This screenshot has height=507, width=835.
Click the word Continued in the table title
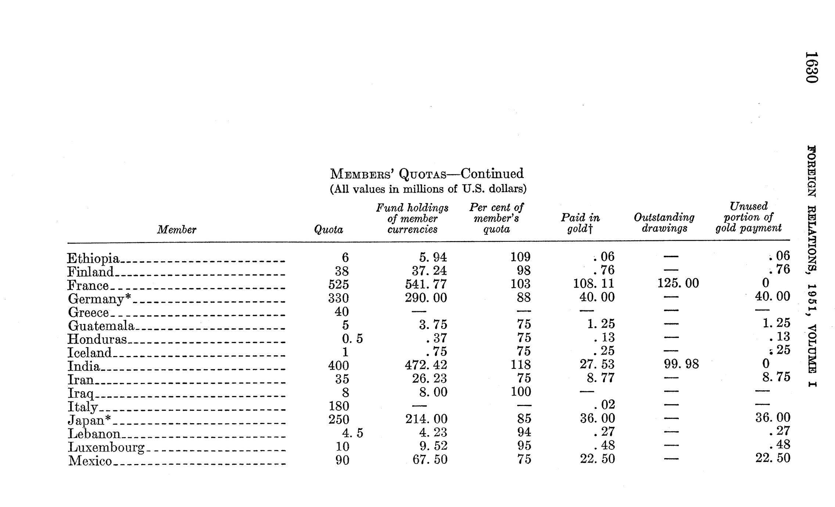pos(492,173)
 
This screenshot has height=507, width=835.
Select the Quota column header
pos(328,230)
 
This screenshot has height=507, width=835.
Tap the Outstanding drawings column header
pos(664,223)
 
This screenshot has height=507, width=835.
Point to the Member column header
pos(176,230)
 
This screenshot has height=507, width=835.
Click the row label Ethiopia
pos(93,259)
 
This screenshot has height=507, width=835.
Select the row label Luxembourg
pos(106,447)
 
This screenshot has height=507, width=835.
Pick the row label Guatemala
pos(101,326)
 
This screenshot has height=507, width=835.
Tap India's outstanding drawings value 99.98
pos(681,364)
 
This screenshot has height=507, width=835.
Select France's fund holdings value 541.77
pos(426,284)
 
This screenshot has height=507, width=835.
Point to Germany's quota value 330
pos(338,298)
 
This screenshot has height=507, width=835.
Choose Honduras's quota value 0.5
pos(347,338)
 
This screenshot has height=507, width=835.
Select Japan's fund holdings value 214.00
pos(426,419)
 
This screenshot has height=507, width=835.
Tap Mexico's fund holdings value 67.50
pos(430,460)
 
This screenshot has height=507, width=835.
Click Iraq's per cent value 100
pos(521,392)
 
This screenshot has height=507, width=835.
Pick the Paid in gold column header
pos(580,223)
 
